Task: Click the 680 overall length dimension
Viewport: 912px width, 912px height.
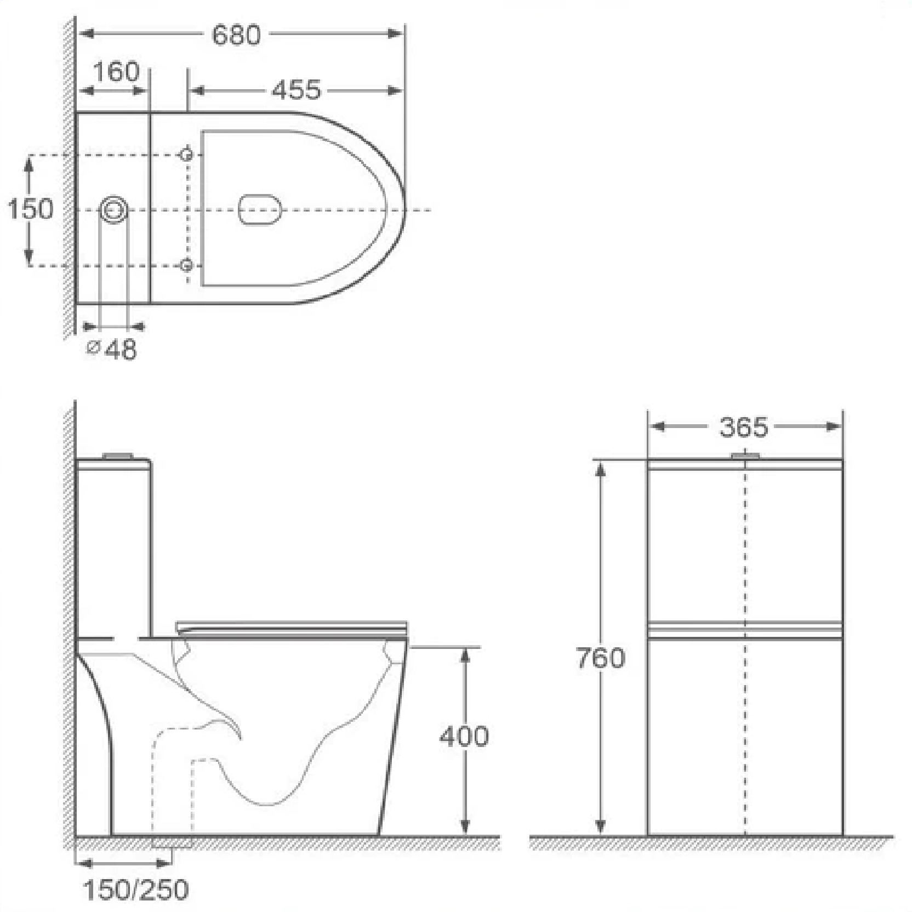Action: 236,35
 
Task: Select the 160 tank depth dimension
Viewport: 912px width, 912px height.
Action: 116,72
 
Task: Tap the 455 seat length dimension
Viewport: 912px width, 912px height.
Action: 296,90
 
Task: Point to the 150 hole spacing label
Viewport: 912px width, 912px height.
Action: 31,209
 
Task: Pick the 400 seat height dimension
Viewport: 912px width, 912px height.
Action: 464,736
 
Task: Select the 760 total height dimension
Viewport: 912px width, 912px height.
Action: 600,658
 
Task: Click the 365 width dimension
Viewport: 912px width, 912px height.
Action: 744,427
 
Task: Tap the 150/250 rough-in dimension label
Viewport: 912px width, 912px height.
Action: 136,890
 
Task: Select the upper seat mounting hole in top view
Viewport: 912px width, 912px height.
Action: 186,155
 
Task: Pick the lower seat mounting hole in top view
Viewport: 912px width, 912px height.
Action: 186,265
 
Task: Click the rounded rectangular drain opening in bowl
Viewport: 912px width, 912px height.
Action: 260,210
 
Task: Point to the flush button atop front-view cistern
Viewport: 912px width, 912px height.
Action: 745,455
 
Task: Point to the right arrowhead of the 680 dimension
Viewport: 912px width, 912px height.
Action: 396,34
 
